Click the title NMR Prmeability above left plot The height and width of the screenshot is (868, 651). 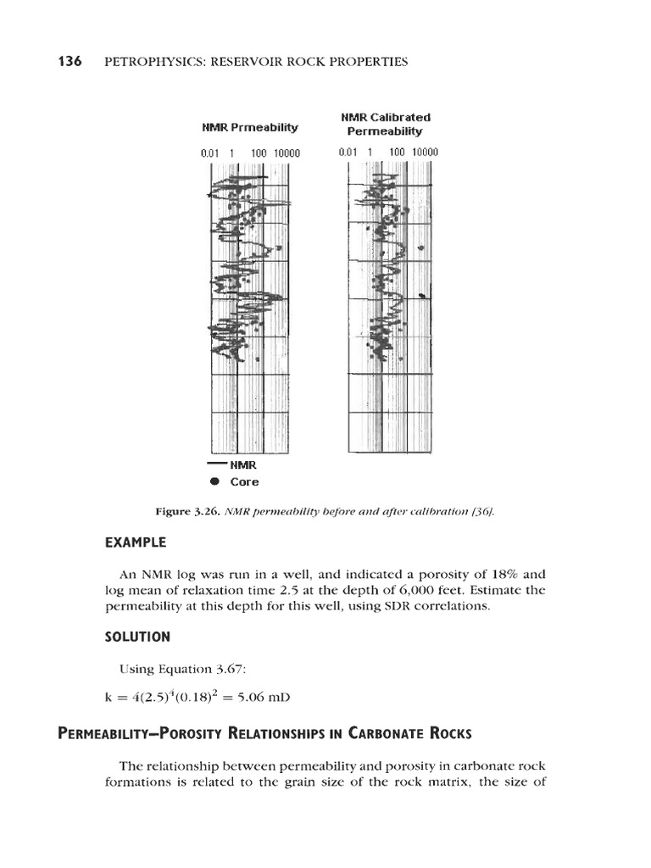[x=250, y=127]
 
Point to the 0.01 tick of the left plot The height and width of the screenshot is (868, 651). [x=210, y=153]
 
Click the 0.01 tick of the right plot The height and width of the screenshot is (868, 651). [x=348, y=153]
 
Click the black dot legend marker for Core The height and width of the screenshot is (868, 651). [x=214, y=481]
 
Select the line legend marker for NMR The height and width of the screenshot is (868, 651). [x=217, y=465]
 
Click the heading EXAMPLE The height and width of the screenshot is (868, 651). [x=136, y=542]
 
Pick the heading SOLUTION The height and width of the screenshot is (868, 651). [x=138, y=636]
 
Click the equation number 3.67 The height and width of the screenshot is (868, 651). [x=229, y=669]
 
